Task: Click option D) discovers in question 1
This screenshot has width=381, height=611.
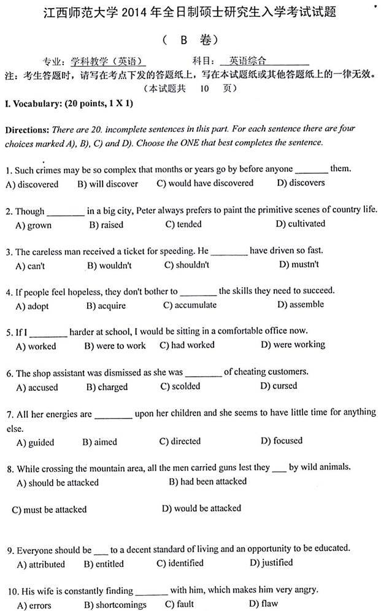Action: pos(301,183)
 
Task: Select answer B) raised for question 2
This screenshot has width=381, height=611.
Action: pos(106,225)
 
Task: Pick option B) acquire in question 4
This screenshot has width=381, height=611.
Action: pos(106,305)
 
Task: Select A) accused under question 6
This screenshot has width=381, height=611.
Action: pos(37,388)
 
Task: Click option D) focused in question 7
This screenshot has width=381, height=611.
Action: pos(281,440)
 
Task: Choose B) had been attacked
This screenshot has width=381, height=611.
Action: pos(207,482)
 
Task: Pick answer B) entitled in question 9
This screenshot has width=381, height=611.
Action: pos(103,564)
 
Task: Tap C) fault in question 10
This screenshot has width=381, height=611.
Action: pos(179,604)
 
